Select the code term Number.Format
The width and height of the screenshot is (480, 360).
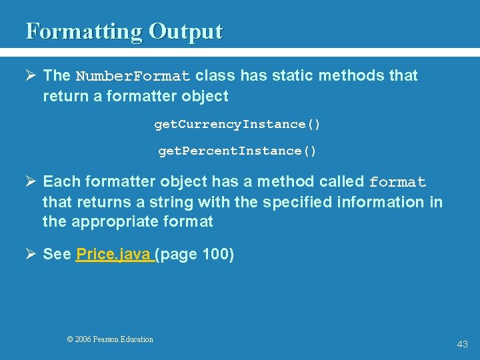(133, 76)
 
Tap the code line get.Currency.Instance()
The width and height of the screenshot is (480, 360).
(237, 125)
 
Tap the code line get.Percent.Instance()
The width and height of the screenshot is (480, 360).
(237, 151)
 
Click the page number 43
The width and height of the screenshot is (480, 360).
(462, 344)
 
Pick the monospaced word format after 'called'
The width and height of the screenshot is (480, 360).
(397, 183)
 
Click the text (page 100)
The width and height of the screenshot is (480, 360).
(195, 255)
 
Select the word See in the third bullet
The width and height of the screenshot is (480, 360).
(57, 255)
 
